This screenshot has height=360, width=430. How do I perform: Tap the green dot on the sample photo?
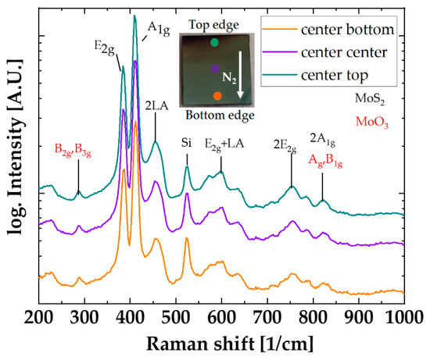point(214,43)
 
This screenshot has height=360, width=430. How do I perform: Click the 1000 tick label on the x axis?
point(403,315)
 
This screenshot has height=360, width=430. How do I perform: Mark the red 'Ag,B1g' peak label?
point(328,160)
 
